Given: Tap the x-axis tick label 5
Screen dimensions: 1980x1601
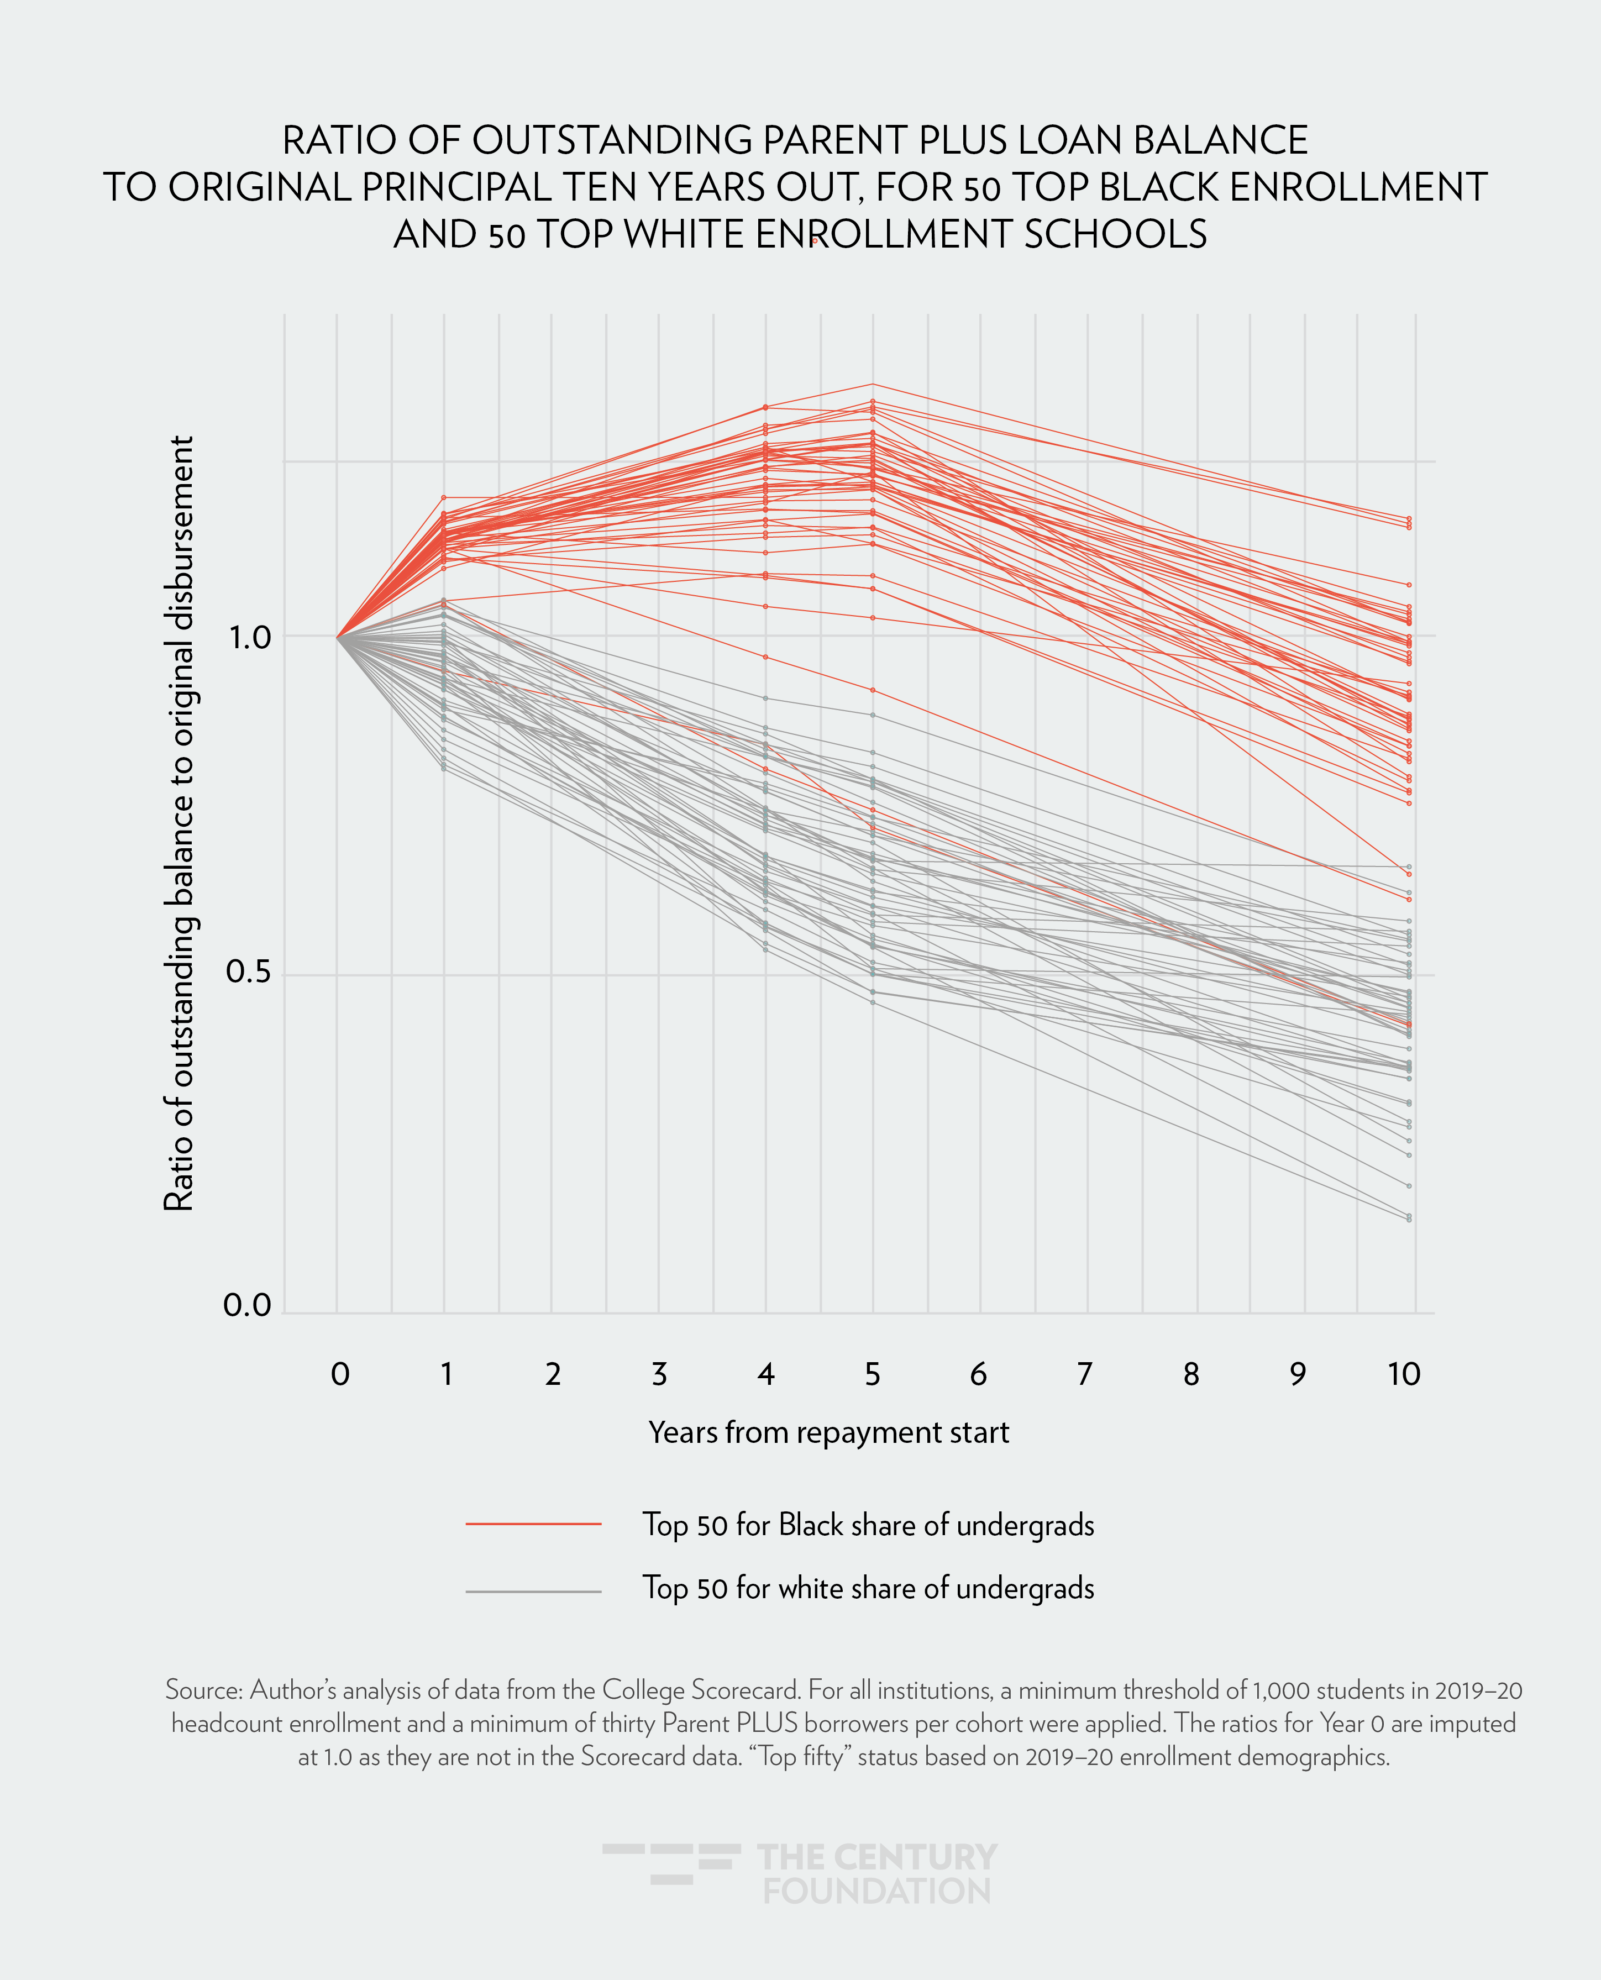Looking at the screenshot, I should [x=873, y=1374].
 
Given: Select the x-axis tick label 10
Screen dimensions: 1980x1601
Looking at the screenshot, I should [x=1404, y=1374].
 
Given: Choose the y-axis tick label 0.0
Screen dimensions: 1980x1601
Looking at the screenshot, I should [x=247, y=1304].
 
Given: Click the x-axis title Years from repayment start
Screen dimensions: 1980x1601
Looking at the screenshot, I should [x=828, y=1432].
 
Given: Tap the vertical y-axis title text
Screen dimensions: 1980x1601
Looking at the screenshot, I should [x=179, y=823].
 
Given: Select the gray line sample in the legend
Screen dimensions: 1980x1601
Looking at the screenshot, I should [x=533, y=1591].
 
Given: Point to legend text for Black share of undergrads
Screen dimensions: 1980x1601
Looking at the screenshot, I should [x=868, y=1525].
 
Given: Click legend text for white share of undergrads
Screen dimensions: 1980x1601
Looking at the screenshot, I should [x=868, y=1588].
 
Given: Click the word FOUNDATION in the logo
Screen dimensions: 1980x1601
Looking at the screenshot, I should [x=876, y=1890].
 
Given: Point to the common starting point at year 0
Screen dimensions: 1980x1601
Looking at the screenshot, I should [x=338, y=636].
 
